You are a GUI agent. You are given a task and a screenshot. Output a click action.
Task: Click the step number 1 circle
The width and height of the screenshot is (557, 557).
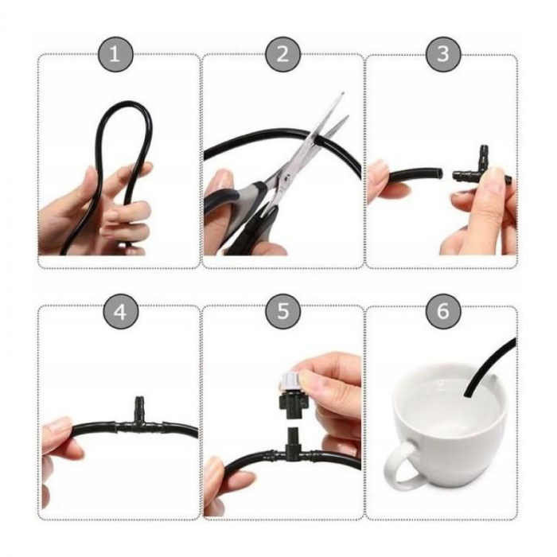(115, 54)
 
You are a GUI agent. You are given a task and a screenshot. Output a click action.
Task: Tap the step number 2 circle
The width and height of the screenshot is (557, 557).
(283, 54)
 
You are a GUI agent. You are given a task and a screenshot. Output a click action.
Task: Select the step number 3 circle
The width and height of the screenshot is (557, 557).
(443, 54)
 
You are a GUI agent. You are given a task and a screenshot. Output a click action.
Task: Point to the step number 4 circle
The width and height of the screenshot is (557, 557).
(120, 312)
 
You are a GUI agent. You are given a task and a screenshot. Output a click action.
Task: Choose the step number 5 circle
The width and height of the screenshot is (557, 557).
(283, 312)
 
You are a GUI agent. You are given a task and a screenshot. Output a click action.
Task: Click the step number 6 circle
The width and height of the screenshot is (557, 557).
(443, 312)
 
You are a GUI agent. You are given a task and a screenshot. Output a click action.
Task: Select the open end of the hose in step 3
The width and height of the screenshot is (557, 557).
(440, 173)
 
